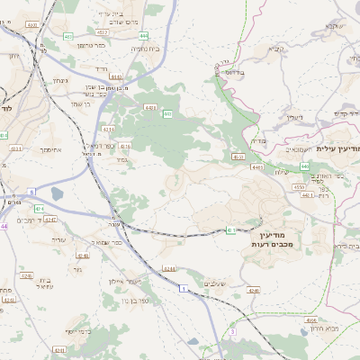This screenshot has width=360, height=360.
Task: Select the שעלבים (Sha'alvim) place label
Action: coord(217,283)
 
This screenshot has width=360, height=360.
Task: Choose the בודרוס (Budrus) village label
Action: coord(233,71)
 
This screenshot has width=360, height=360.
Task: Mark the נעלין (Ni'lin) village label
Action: coord(294,117)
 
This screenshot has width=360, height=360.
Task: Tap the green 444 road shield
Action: coord(144,35)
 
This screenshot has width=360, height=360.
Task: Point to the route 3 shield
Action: coord(232,332)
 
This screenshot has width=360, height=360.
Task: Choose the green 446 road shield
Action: coord(305,166)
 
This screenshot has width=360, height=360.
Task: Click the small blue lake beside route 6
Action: coord(58,193)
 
